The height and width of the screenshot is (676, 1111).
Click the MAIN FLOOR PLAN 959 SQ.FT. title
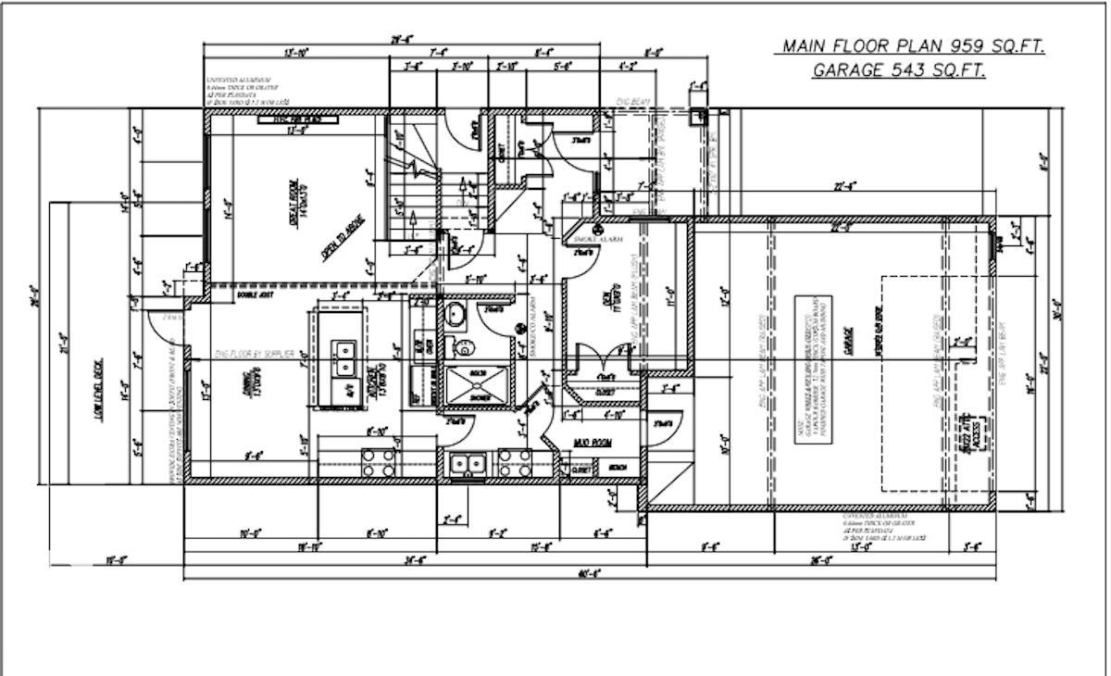coord(913,47)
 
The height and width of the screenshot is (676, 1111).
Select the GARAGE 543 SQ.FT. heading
coord(898,70)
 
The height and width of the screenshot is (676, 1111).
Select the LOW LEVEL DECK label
coord(101,390)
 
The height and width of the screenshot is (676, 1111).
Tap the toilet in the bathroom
coord(463,347)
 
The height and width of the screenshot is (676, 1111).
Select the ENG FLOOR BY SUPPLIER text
coord(255,355)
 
